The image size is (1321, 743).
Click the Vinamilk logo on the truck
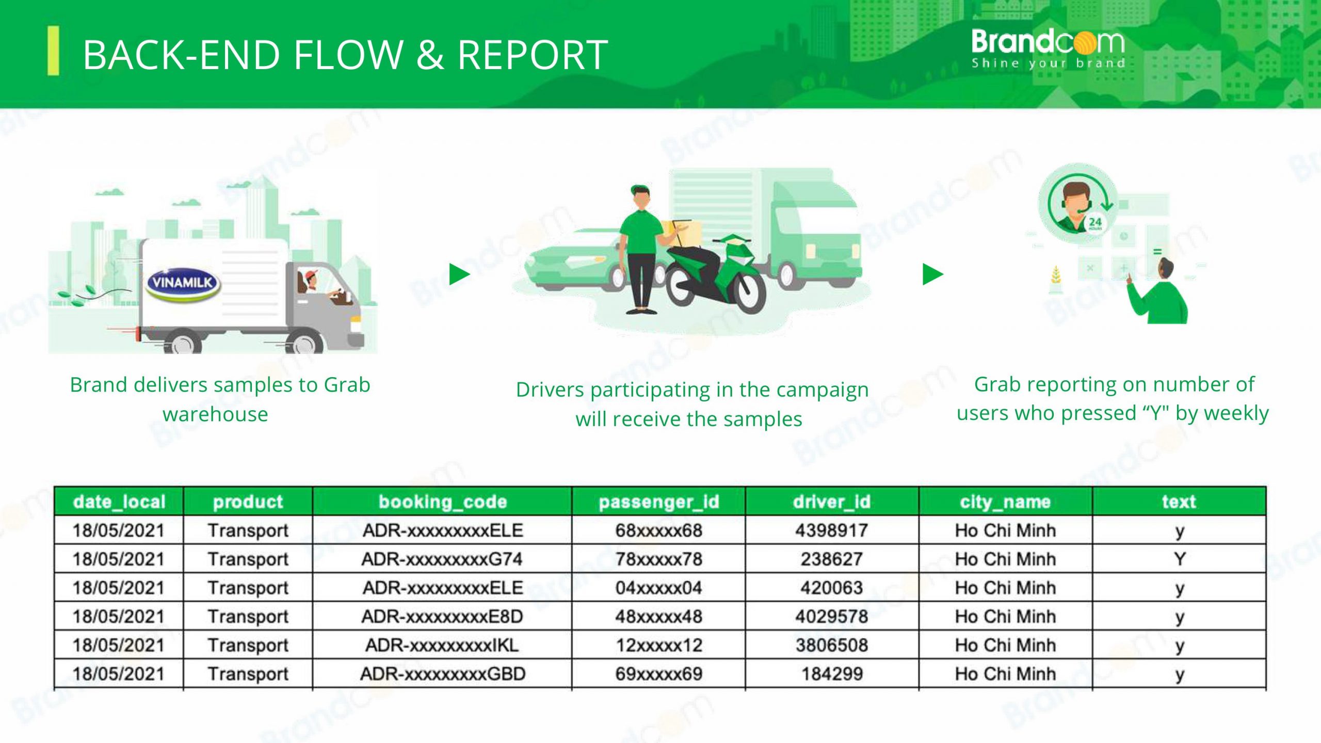(x=183, y=283)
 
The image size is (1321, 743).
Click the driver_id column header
(x=832, y=502)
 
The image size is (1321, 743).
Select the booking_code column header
(x=443, y=502)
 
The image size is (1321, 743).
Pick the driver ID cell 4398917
(x=832, y=530)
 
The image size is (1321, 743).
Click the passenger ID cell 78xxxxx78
(x=658, y=559)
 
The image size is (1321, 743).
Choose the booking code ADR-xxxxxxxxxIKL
(x=442, y=645)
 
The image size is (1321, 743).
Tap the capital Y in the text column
(x=1180, y=559)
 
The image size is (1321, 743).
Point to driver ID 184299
(x=832, y=674)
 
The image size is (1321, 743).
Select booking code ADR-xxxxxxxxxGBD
(x=443, y=674)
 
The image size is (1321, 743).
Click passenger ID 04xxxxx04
(x=658, y=588)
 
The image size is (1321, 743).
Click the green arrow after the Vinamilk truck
(x=459, y=274)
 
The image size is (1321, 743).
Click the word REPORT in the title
(x=533, y=55)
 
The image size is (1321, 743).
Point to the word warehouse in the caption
(x=215, y=414)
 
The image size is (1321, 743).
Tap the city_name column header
(x=1005, y=502)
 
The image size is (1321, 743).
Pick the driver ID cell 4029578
(x=832, y=617)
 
